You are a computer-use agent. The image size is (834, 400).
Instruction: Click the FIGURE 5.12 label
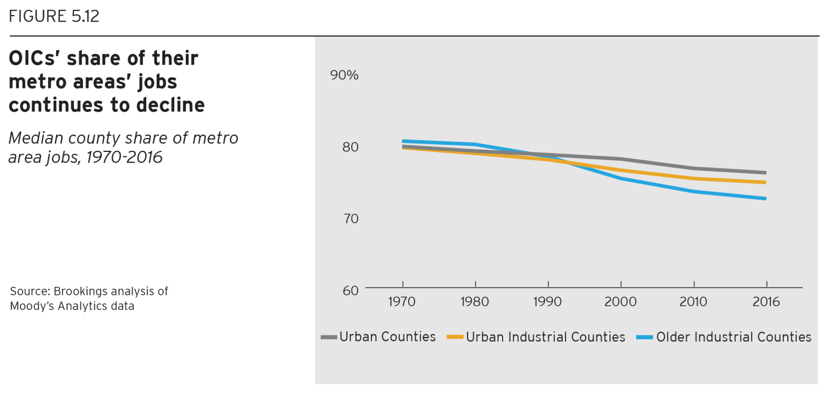click(x=54, y=17)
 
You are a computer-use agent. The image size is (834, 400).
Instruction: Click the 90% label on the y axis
click(x=345, y=75)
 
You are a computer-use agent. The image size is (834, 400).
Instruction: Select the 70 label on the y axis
click(x=351, y=219)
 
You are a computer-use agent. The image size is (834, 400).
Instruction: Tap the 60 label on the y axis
click(x=351, y=290)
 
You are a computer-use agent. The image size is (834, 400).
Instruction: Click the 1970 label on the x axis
click(x=402, y=302)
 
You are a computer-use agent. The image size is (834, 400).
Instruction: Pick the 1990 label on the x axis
click(x=548, y=302)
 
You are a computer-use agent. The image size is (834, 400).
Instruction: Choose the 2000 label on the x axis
click(x=620, y=302)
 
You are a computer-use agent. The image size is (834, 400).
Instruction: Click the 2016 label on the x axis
click(x=766, y=302)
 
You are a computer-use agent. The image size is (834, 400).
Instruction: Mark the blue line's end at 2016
click(x=766, y=199)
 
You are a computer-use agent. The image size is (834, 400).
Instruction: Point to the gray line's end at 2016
click(x=766, y=172)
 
